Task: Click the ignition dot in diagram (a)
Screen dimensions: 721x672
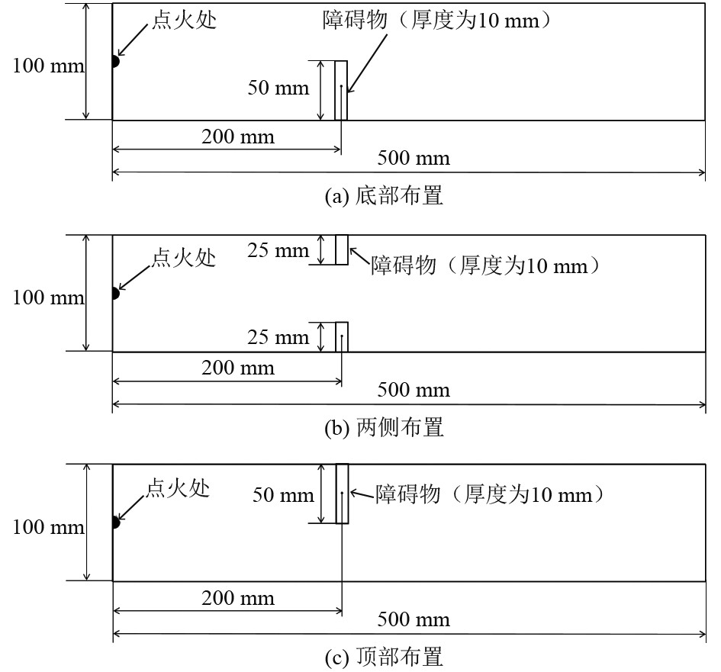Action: point(114,61)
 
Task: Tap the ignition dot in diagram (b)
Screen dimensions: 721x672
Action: point(114,293)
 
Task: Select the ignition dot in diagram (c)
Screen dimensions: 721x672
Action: point(114,522)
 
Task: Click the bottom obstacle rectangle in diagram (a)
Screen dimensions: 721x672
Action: point(341,90)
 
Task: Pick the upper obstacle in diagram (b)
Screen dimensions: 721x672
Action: point(342,249)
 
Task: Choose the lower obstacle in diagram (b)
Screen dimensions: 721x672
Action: point(342,336)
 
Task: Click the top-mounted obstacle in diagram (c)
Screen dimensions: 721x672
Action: point(342,493)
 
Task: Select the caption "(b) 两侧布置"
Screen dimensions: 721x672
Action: point(385,428)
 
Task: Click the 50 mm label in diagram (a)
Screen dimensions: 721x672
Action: point(278,88)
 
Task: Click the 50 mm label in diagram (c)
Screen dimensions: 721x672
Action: point(283,496)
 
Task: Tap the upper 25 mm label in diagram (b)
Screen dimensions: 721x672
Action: point(278,250)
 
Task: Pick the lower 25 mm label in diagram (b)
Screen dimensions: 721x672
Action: point(278,337)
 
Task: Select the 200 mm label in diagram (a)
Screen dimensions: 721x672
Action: point(238,137)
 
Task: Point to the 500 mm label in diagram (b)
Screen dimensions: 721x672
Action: point(414,391)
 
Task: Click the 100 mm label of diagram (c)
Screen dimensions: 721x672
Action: point(48,528)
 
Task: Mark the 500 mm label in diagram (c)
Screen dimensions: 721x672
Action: point(414,619)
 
